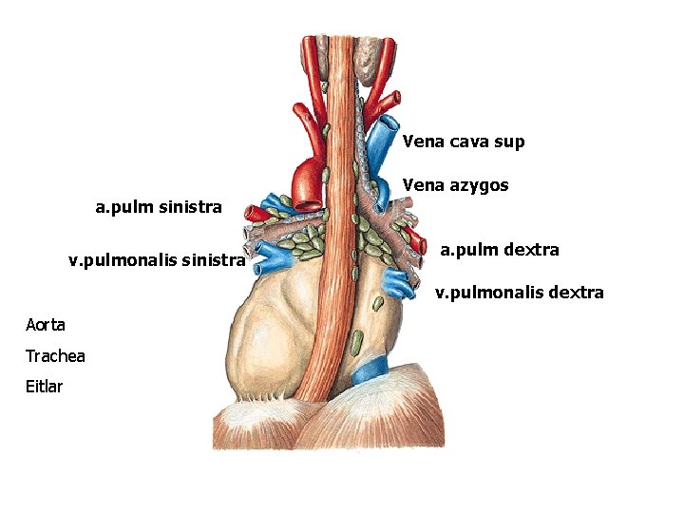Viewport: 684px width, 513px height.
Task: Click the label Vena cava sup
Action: point(463,142)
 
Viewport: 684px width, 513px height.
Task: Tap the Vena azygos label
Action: point(455,185)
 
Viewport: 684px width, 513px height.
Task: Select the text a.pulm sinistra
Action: point(158,206)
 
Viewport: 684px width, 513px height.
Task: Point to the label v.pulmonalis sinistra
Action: point(157,259)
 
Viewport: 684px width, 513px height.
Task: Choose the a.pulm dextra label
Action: point(499,250)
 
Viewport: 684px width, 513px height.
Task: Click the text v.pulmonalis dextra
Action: point(519,292)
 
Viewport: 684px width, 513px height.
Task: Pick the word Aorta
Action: point(46,325)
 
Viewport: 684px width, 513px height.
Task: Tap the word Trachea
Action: point(55,355)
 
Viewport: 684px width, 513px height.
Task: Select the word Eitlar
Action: point(44,386)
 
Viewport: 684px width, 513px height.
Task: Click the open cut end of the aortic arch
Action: point(308,202)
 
